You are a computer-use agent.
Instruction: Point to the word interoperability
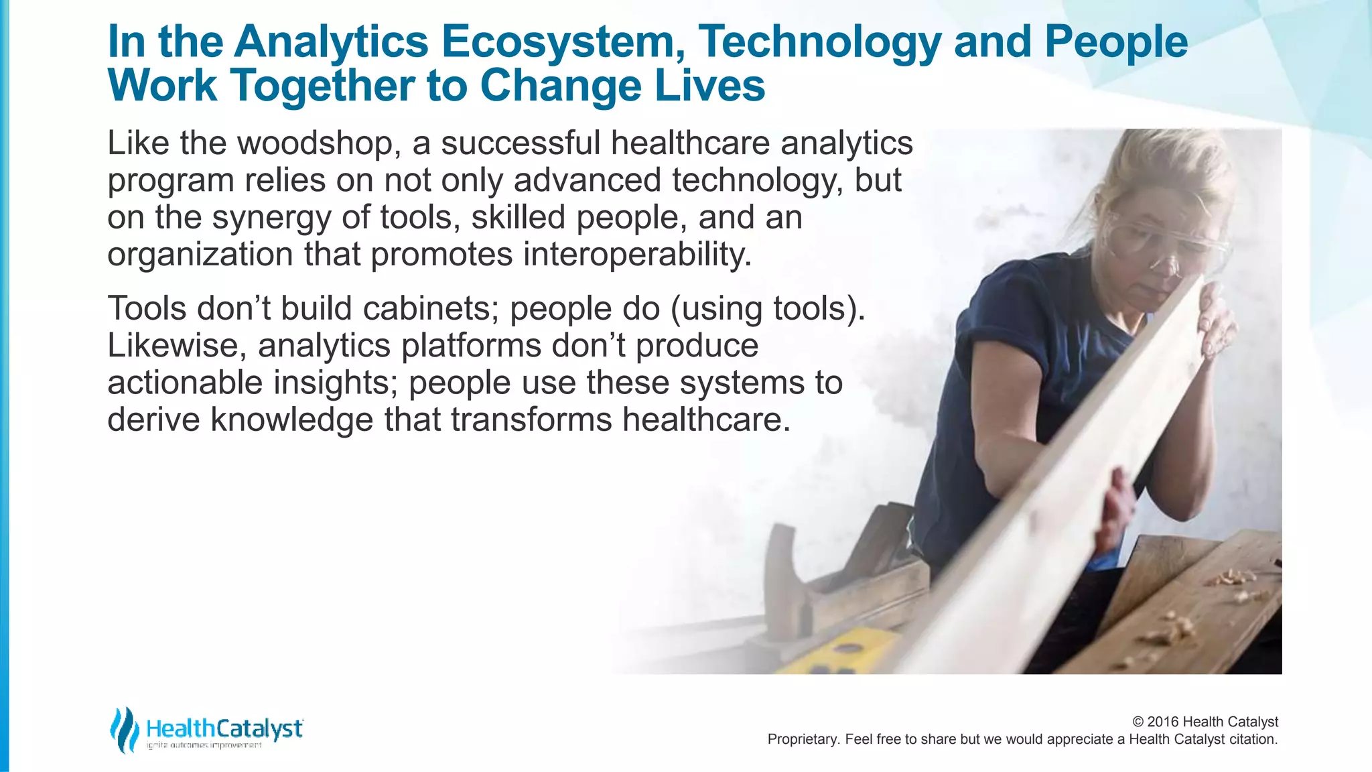(x=637, y=255)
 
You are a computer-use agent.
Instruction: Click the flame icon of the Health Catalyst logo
(x=124, y=730)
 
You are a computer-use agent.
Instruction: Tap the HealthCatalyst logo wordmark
(x=224, y=728)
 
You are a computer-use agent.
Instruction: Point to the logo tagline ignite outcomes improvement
(x=204, y=746)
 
